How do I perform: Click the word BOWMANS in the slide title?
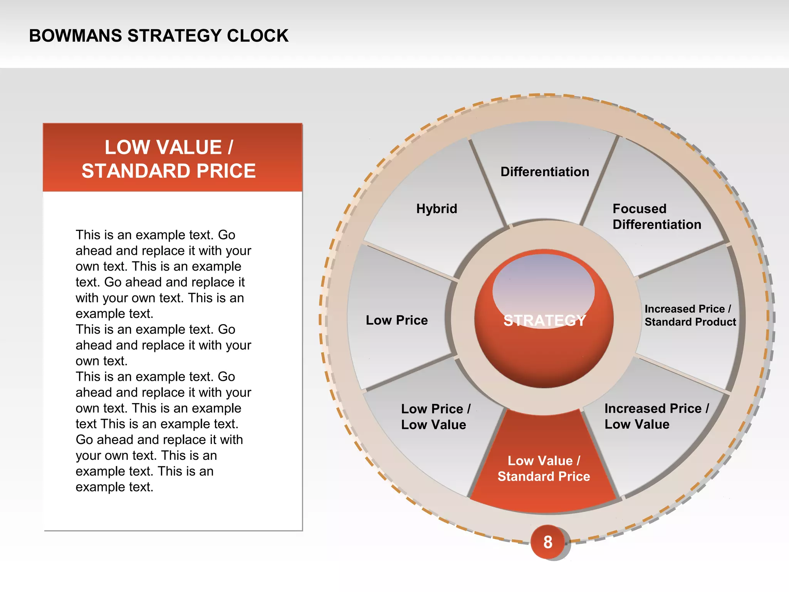click(x=75, y=36)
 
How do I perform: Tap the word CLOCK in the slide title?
click(x=257, y=36)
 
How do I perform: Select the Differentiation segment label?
click(x=544, y=172)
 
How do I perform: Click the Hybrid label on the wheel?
click(x=436, y=209)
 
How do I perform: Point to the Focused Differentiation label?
click(x=656, y=217)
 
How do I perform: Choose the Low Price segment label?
click(x=396, y=320)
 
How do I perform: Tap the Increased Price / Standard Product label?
click(x=690, y=315)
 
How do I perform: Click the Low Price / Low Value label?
click(x=435, y=417)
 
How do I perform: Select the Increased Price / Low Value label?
click(x=656, y=416)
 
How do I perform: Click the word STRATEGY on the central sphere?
click(x=544, y=321)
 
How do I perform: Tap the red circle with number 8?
click(x=547, y=542)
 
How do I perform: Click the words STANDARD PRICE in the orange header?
click(x=168, y=171)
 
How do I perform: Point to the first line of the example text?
click(x=155, y=235)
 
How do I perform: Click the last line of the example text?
click(x=114, y=487)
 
